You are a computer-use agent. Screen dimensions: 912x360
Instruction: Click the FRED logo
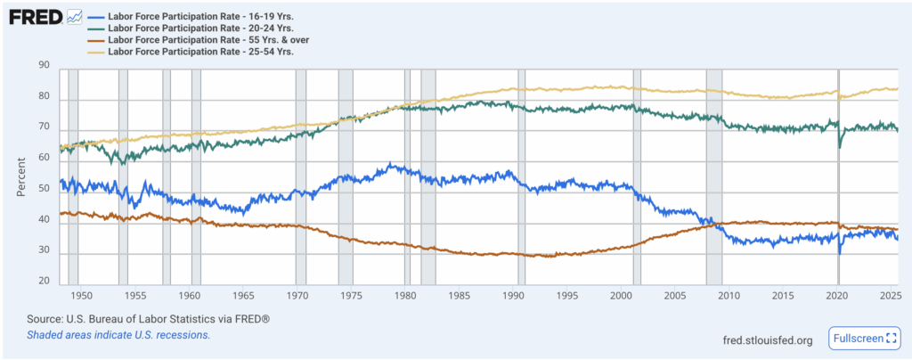point(35,18)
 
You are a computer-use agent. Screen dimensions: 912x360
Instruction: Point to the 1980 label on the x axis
point(405,296)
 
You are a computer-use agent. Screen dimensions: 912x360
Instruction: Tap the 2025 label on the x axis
point(891,296)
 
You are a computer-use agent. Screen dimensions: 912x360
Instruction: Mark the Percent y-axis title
point(21,176)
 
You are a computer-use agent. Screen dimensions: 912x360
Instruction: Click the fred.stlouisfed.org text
point(768,340)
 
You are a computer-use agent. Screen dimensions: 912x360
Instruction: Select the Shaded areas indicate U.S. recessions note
point(118,335)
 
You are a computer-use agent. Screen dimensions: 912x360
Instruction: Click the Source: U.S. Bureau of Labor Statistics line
point(149,319)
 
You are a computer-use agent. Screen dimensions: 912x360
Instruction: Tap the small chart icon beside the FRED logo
point(74,17)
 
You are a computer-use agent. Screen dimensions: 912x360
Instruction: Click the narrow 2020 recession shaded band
point(838,176)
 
